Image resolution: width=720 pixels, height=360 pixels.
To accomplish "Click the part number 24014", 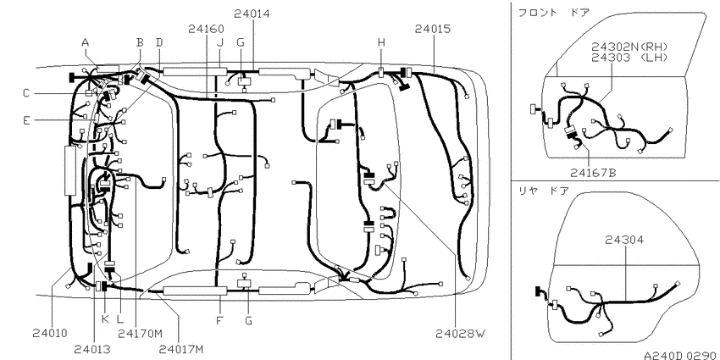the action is click(252, 14).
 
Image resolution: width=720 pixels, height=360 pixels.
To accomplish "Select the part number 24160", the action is click(206, 29).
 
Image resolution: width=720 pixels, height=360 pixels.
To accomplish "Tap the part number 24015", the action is click(433, 29).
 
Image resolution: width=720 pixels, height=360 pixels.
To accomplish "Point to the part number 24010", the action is click(50, 333).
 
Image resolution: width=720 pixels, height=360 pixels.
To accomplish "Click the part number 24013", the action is click(92, 350).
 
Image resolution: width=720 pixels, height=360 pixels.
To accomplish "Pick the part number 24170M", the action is click(140, 333).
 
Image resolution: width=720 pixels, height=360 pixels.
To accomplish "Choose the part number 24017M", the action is click(181, 350).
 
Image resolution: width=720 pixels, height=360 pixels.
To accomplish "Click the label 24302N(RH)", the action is click(629, 47).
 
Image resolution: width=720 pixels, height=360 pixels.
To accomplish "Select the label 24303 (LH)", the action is click(629, 57).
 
